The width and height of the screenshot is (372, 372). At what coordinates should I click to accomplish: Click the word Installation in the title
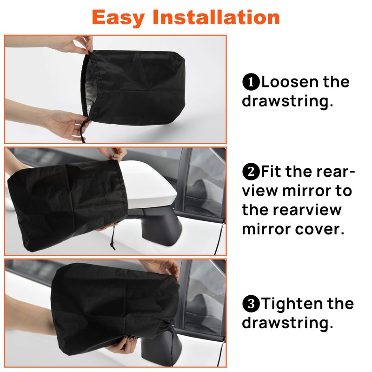click(x=216, y=17)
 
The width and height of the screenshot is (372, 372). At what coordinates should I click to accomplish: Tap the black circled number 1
click(x=251, y=82)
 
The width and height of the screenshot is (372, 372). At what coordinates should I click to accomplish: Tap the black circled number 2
click(x=251, y=172)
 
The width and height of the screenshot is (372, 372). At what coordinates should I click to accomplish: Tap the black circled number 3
click(x=251, y=304)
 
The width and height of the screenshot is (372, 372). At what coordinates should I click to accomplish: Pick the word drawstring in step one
click(x=287, y=101)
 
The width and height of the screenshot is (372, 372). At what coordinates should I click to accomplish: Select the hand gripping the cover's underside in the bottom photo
click(x=123, y=345)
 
